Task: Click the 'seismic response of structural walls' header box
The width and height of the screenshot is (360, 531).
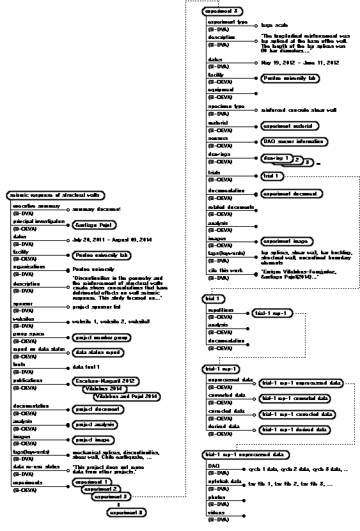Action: (x=55, y=195)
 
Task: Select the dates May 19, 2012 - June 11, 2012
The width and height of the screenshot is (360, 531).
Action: (x=299, y=63)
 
